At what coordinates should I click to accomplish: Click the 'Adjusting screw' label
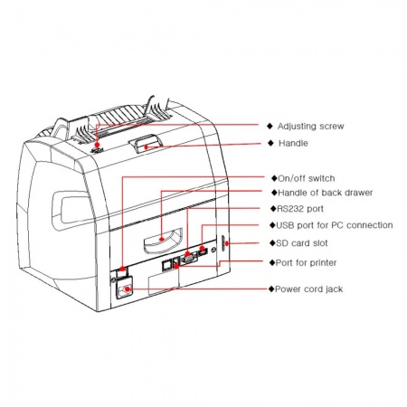click(x=310, y=126)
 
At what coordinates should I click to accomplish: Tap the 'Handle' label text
click(x=293, y=143)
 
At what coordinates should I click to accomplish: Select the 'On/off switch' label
click(x=307, y=178)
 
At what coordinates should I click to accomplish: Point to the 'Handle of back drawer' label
click(x=326, y=193)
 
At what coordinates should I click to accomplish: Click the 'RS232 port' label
click(x=300, y=209)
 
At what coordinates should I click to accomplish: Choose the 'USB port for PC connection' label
click(x=335, y=225)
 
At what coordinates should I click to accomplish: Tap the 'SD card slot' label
click(x=302, y=243)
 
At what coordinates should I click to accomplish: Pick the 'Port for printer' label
click(x=306, y=262)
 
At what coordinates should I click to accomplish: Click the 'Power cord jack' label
click(x=309, y=289)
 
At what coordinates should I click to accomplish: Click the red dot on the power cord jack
click(x=128, y=289)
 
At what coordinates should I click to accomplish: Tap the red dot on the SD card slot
click(x=226, y=243)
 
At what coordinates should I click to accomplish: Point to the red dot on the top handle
click(x=146, y=147)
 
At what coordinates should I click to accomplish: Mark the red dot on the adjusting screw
click(x=97, y=145)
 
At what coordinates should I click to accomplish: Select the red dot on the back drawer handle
click(x=162, y=239)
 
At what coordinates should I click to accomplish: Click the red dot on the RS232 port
click(x=187, y=253)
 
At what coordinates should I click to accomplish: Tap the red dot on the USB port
click(x=202, y=249)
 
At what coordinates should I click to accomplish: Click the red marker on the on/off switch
click(x=122, y=269)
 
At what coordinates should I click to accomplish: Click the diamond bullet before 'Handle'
click(x=270, y=143)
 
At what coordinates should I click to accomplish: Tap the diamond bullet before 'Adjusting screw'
click(x=270, y=126)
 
